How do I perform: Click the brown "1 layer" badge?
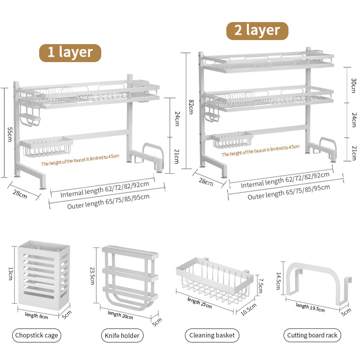pyautogui.click(x=70, y=52)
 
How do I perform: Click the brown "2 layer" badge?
pyautogui.click(x=257, y=30)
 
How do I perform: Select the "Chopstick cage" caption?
pyautogui.click(x=36, y=335)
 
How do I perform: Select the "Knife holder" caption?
pyautogui.click(x=121, y=335)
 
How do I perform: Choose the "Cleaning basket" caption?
pyautogui.click(x=211, y=335)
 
